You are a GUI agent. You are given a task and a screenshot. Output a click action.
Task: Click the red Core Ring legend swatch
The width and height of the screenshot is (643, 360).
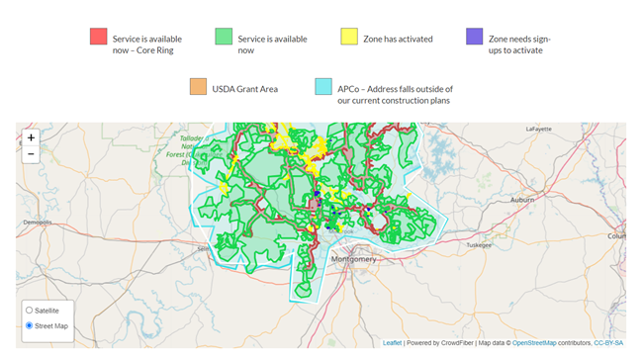(x=98, y=37)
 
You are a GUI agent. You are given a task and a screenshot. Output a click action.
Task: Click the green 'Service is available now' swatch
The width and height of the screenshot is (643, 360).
(x=224, y=37)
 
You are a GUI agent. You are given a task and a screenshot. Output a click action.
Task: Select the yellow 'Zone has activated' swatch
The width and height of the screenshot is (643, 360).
(x=349, y=37)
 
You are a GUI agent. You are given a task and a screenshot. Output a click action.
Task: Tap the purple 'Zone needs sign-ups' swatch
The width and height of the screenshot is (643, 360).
(x=475, y=37)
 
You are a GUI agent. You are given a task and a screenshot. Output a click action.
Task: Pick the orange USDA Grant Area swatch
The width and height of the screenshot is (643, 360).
(x=198, y=87)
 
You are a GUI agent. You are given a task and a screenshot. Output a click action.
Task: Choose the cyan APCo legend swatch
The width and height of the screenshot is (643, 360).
(x=323, y=87)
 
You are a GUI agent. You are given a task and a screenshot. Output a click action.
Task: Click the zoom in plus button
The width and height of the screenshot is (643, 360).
(x=31, y=138)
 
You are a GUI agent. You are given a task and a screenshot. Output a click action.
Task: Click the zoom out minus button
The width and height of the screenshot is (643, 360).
(x=31, y=154)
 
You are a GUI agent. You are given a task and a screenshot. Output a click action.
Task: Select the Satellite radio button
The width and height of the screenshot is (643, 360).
(x=30, y=311)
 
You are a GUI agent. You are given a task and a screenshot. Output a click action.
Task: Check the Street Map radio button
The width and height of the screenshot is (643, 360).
(x=30, y=325)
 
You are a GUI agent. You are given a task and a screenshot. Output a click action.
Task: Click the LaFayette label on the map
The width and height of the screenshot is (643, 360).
(x=538, y=129)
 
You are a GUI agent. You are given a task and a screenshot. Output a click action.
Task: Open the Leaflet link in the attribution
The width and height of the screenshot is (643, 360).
(x=392, y=343)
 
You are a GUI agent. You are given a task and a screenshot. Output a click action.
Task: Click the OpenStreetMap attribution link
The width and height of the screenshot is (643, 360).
(x=537, y=343)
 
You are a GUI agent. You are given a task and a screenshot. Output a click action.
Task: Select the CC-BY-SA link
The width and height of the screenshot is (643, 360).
(x=609, y=343)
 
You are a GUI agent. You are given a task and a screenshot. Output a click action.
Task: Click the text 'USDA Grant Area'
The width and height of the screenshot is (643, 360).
(x=245, y=88)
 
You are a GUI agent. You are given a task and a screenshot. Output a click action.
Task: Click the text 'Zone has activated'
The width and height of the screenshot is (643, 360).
(x=407, y=39)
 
